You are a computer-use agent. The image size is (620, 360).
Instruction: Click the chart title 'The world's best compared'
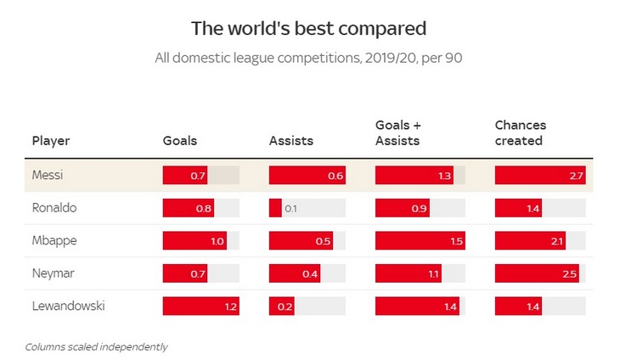(308, 28)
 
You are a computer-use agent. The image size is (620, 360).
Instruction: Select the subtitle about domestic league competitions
(308, 59)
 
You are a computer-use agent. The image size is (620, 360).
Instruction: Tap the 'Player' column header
(51, 141)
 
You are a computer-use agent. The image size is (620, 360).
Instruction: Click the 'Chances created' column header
(520, 133)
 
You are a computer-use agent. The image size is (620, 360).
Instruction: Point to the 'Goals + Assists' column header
(397, 133)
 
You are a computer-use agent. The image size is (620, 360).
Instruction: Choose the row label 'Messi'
(48, 176)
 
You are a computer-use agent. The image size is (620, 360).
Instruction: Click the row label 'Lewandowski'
(68, 306)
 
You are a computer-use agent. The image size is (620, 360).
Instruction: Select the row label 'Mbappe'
(54, 240)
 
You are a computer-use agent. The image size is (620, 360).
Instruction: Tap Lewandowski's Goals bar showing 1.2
(200, 306)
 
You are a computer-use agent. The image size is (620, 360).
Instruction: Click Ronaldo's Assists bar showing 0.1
(275, 208)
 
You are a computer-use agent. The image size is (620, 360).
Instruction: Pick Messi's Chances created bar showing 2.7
(539, 176)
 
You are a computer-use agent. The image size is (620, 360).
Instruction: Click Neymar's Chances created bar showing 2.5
(537, 273)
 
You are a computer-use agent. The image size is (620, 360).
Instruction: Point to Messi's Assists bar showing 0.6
(307, 176)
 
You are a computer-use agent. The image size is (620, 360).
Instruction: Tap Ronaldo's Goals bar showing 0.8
(188, 208)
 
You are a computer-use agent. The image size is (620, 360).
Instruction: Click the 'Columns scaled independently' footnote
(96, 346)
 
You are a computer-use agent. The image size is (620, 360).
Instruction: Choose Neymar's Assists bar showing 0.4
(294, 273)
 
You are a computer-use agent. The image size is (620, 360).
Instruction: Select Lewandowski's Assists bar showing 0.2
(281, 306)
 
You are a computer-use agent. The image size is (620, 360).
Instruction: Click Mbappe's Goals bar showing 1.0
(194, 240)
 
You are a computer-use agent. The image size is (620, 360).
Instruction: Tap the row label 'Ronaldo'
(54, 208)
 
